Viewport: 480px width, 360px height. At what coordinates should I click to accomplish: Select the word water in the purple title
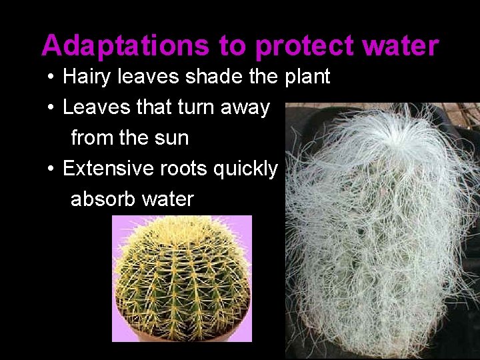click(x=404, y=46)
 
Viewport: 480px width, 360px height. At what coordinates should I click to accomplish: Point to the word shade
click(x=215, y=77)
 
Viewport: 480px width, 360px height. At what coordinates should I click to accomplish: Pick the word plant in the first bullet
click(x=307, y=77)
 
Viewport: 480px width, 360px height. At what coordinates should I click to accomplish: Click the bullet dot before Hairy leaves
click(x=51, y=77)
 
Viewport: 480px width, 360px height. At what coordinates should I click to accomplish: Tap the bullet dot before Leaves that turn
click(x=51, y=108)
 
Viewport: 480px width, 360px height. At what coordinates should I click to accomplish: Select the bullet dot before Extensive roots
click(x=51, y=169)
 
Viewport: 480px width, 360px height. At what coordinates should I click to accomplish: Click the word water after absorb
click(x=169, y=199)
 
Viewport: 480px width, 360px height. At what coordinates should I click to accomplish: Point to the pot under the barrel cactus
click(x=181, y=331)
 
